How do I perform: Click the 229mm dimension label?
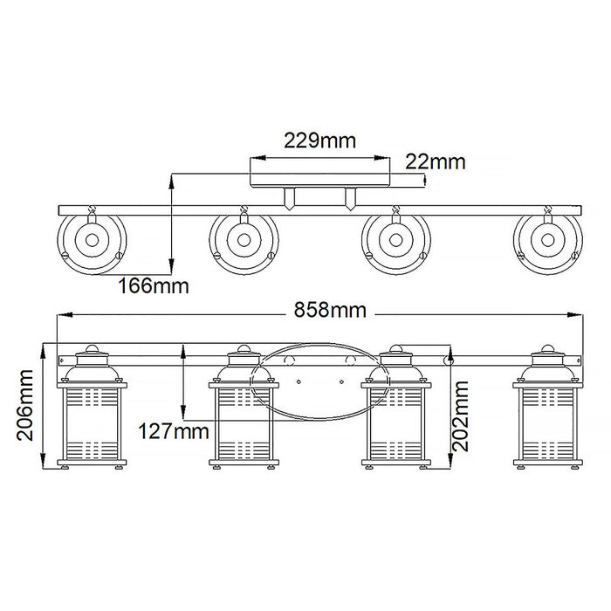[x=319, y=141]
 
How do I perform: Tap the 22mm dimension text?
[x=436, y=161]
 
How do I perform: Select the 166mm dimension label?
[x=154, y=286]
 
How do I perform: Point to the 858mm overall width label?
[x=330, y=311]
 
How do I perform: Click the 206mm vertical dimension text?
[x=25, y=405]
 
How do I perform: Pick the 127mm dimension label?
[x=174, y=432]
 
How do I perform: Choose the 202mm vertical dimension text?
[x=461, y=416]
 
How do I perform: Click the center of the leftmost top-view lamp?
[x=92, y=240]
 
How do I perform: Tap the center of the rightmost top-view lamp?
[x=548, y=240]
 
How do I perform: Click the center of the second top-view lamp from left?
[x=244, y=240]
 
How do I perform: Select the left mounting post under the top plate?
[x=290, y=199]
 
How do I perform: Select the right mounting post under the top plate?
[x=350, y=199]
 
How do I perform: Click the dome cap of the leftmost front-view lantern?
[x=92, y=348]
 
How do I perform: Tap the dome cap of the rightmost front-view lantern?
[x=548, y=348]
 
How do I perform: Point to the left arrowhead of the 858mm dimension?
[x=65, y=314]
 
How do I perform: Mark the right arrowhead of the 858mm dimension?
[x=575, y=314]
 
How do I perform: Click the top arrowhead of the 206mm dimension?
[x=44, y=350]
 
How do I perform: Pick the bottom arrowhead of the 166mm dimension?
[x=170, y=264]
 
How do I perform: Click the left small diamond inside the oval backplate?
[x=299, y=382]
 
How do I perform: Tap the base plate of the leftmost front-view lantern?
[x=92, y=463]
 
